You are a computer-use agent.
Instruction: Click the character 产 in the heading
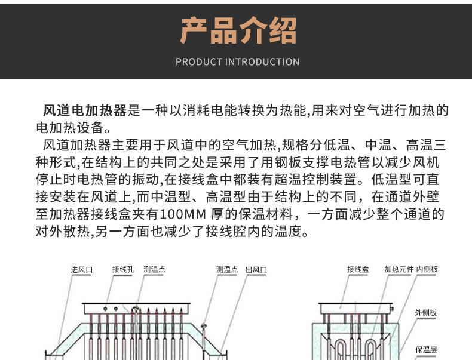193,30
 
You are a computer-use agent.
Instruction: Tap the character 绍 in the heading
283,30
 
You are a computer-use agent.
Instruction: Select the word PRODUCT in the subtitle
199,62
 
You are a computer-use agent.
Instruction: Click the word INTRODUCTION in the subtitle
262,62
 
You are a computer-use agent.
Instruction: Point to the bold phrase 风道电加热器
85,110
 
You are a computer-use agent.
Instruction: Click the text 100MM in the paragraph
183,214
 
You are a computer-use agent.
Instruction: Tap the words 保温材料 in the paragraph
266,214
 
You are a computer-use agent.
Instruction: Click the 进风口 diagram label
82,270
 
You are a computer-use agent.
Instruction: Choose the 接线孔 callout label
123,269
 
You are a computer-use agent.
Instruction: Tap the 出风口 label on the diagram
256,270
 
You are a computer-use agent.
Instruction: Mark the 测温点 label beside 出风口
227,269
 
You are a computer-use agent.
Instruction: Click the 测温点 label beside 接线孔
154,269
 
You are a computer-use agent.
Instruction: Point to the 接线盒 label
358,269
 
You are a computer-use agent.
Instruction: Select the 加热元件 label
399,269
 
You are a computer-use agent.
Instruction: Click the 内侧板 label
427,269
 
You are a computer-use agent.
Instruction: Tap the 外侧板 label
425,313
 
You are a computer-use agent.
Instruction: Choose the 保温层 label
426,349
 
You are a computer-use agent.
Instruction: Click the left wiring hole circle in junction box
105,309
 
